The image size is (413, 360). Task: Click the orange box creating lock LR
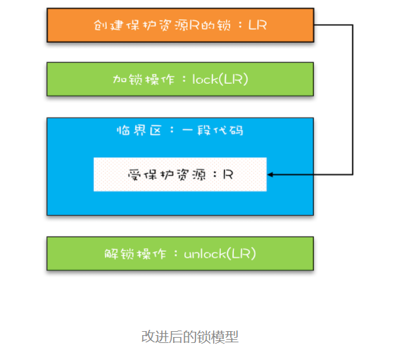coord(180,25)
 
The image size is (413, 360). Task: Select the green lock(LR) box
coord(180,79)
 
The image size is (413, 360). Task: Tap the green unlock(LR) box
coord(180,253)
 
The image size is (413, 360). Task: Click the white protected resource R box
coord(180,174)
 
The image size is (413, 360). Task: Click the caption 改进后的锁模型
coord(190,337)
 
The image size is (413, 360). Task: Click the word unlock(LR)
coord(220,253)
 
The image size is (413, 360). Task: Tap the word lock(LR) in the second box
coord(220,79)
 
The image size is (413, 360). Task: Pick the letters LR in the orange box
coord(258,25)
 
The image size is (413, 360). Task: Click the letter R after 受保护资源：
coord(228,174)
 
